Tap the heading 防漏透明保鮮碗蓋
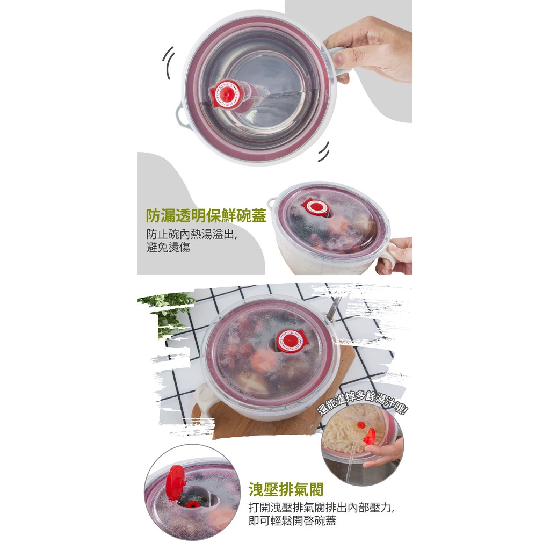206,215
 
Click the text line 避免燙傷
168,247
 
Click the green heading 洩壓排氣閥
286,489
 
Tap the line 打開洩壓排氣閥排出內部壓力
321,507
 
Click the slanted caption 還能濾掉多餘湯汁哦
362,403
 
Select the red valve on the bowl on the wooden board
290,340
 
